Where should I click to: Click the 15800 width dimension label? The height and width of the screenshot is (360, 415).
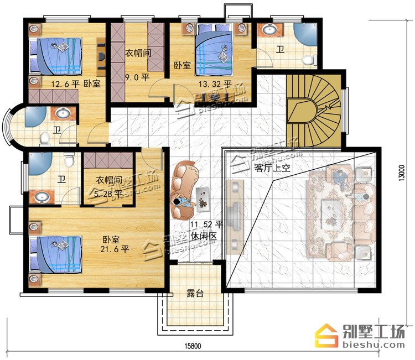(x=193, y=346)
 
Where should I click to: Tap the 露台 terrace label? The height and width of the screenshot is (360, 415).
(x=195, y=293)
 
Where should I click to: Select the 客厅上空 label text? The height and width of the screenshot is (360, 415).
(x=272, y=168)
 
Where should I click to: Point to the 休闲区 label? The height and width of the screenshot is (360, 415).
(x=204, y=236)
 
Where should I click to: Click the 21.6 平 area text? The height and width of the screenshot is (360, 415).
(x=115, y=249)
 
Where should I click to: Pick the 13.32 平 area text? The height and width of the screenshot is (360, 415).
(x=215, y=85)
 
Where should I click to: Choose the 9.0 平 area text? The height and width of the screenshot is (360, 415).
(x=137, y=77)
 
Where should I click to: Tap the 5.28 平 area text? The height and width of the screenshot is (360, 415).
(x=108, y=194)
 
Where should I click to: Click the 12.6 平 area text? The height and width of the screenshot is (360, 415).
(x=65, y=84)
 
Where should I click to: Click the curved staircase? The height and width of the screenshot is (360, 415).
(x=314, y=111)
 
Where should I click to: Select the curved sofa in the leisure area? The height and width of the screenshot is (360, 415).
(x=183, y=190)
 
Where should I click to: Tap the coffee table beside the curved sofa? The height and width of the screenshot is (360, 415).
(x=203, y=200)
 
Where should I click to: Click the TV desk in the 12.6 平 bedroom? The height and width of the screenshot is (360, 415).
(x=101, y=56)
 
